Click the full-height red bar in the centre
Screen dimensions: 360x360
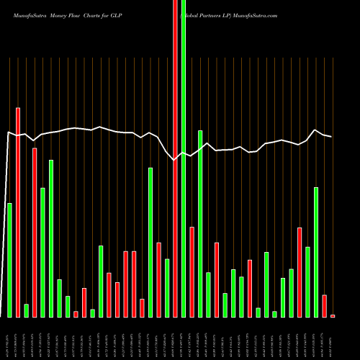pyautogui.click(x=175, y=158)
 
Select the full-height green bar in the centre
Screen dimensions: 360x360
pyautogui.click(x=184, y=158)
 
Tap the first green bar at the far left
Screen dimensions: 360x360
pyautogui.click(x=9, y=260)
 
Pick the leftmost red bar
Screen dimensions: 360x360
pyautogui.click(x=18, y=212)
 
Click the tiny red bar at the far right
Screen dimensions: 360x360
pyautogui.click(x=333, y=315)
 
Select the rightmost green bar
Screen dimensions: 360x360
pyautogui.click(x=316, y=252)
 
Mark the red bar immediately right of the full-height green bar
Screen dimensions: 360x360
pyautogui.click(x=192, y=271)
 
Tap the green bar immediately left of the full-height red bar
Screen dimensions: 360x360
pyautogui.click(x=167, y=288)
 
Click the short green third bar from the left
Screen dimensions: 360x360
pyautogui.click(x=27, y=310)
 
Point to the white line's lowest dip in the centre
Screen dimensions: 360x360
pyautogui.click(x=175, y=160)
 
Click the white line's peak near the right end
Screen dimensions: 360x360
pyautogui.click(x=315, y=130)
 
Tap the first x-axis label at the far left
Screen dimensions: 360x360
pyautogui.click(x=9, y=338)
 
